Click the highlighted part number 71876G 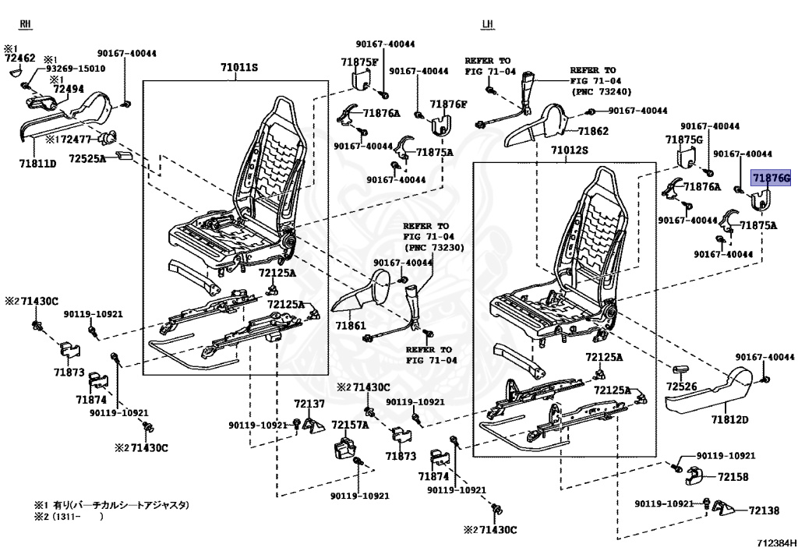point(772,178)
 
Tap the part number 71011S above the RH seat point(239,67)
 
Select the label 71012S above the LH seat point(570,150)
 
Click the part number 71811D point(37,164)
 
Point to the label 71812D point(729,420)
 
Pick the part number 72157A point(350,424)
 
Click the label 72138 point(764,510)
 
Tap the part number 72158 point(733,477)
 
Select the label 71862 point(593,131)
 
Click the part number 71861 point(351,325)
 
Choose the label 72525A point(87,159)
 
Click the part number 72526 point(681,387)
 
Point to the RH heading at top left point(25,24)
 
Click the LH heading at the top point(487,24)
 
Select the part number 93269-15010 point(76,69)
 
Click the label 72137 point(309,404)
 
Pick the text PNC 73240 point(602,92)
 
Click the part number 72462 point(20,58)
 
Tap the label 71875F point(360,62)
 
